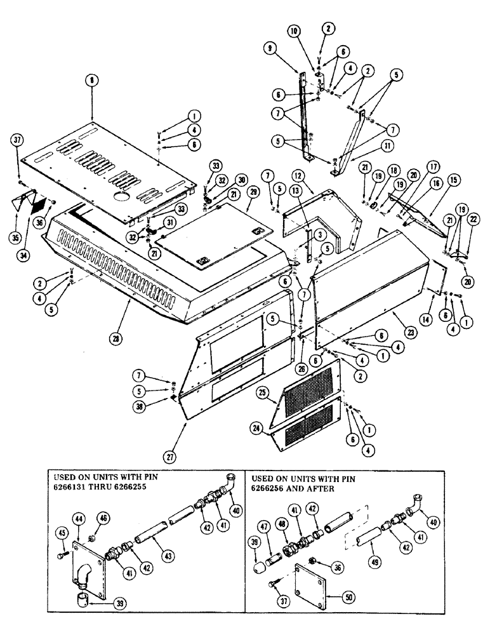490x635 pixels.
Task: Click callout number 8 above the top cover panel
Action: (93, 81)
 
